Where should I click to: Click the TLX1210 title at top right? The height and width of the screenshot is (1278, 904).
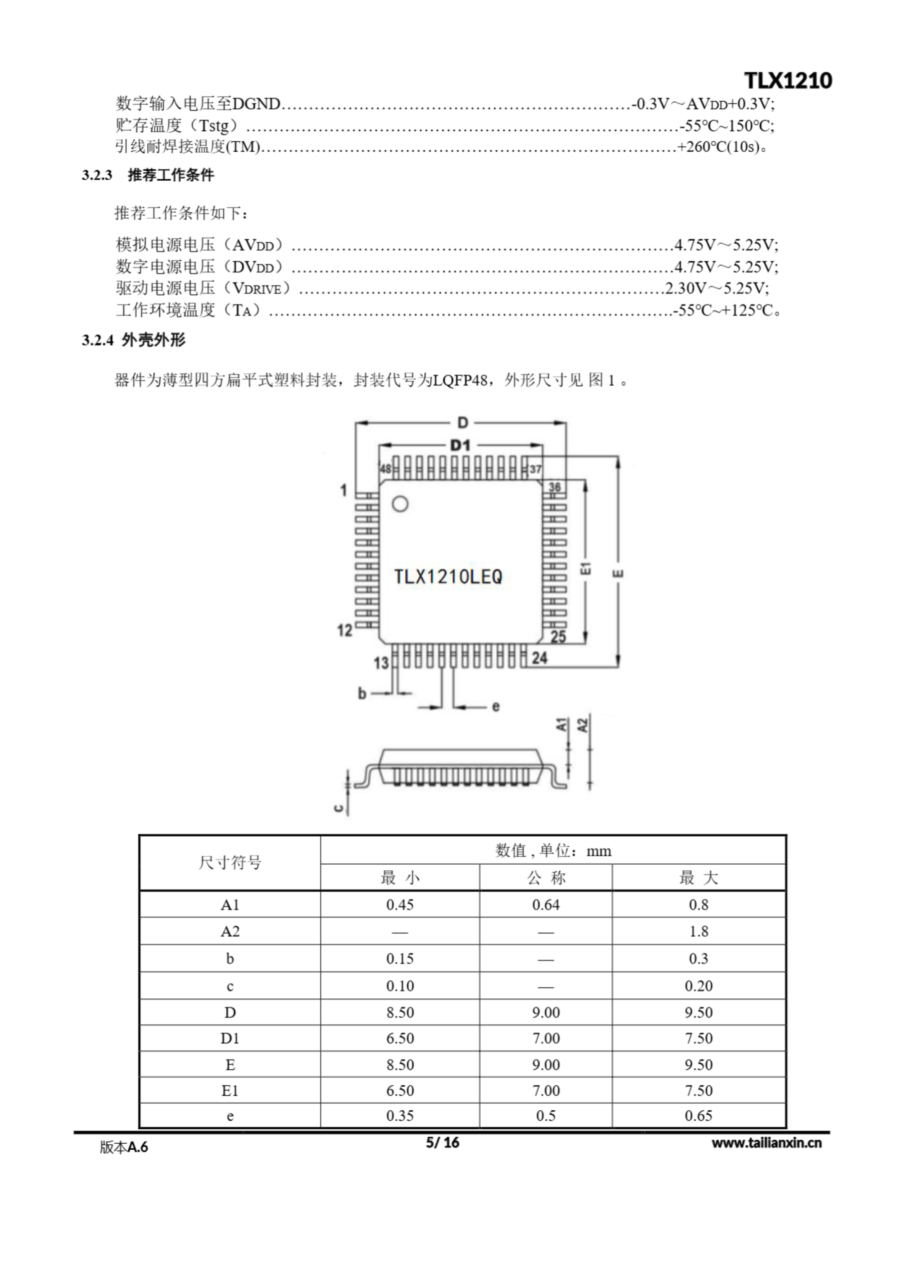[x=788, y=81]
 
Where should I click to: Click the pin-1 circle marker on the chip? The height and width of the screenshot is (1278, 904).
[x=400, y=504]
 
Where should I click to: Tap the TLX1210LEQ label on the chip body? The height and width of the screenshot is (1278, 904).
[x=448, y=576]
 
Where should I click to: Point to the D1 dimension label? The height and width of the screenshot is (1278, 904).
[x=460, y=445]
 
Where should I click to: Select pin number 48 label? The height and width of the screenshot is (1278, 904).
[x=385, y=469]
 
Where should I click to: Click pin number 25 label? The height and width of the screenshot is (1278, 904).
[x=558, y=636]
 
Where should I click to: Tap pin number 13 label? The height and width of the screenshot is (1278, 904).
[x=381, y=663]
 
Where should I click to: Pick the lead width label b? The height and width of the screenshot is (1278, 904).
[x=362, y=693]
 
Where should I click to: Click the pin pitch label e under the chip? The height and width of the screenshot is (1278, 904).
[x=495, y=707]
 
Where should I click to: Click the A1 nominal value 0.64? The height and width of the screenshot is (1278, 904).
[x=546, y=905]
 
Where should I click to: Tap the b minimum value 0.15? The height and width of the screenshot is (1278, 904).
[x=400, y=958]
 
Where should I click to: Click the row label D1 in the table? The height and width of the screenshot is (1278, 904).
[x=230, y=1038]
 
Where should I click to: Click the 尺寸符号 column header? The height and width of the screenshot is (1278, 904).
[x=230, y=863]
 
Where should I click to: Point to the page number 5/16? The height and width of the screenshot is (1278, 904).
[x=443, y=1142]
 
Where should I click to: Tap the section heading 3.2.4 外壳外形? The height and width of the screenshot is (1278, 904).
[x=134, y=340]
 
